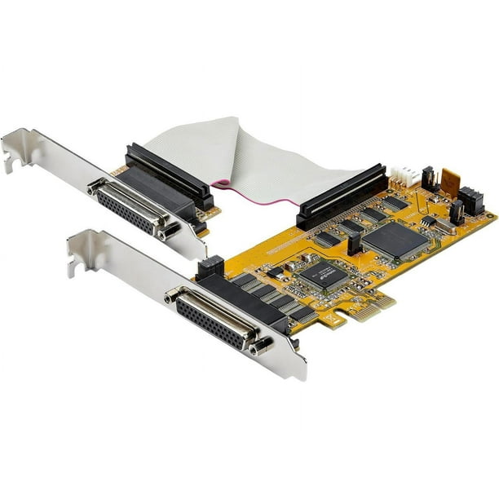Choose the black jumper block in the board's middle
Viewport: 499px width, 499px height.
[355, 243]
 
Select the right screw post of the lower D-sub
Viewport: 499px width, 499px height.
[260, 347]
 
